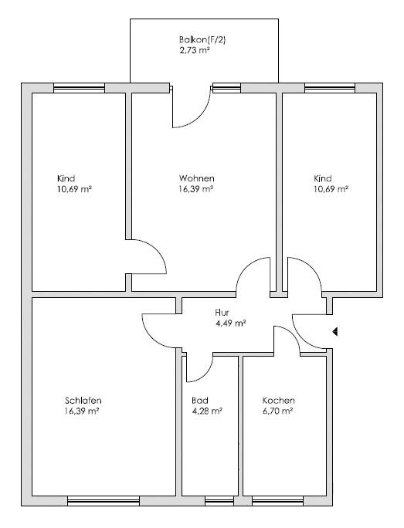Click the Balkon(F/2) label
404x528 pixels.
pyautogui.click(x=202, y=39)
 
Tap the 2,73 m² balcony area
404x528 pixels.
pyautogui.click(x=195, y=50)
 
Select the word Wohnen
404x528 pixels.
pyautogui.click(x=196, y=178)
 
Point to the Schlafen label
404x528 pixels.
pyautogui.click(x=83, y=401)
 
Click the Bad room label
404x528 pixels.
pyautogui.click(x=200, y=401)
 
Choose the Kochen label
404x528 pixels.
pyautogui.click(x=278, y=401)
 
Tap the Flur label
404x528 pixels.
pyautogui.click(x=222, y=313)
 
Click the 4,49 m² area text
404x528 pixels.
pyautogui.click(x=230, y=323)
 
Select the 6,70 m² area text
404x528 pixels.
pyautogui.click(x=277, y=411)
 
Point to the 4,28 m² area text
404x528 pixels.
pyautogui.click(x=207, y=411)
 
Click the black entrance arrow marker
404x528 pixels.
pyautogui.click(x=334, y=332)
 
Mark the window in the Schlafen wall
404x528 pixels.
pyautogui.click(x=104, y=501)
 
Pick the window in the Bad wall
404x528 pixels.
pyautogui.click(x=219, y=501)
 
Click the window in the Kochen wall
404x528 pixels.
pyautogui.click(x=278, y=501)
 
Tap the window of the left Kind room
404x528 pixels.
pyautogui.click(x=80, y=88)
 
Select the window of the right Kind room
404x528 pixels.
pyautogui.click(x=330, y=88)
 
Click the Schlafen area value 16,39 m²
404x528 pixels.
pyautogui.click(x=82, y=411)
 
